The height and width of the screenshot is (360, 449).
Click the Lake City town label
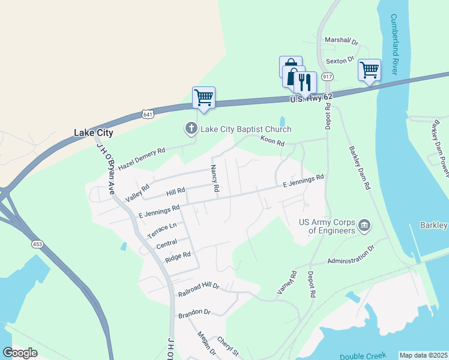(93, 133)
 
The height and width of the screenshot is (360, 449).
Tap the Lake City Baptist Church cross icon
(191, 128)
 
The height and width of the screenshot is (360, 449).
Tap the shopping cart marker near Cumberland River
(369, 70)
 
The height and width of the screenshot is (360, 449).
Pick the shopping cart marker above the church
(203, 97)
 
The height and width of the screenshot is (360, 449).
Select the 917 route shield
(327, 77)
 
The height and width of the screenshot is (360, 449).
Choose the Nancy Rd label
(214, 179)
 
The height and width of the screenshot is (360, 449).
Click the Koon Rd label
(272, 140)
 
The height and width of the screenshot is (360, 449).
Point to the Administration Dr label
(350, 257)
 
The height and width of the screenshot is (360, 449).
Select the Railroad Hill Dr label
(199, 290)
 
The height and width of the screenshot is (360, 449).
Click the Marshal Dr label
(341, 41)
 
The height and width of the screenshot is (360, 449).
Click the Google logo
(20, 353)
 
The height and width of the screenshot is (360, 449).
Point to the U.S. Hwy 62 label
(310, 98)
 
